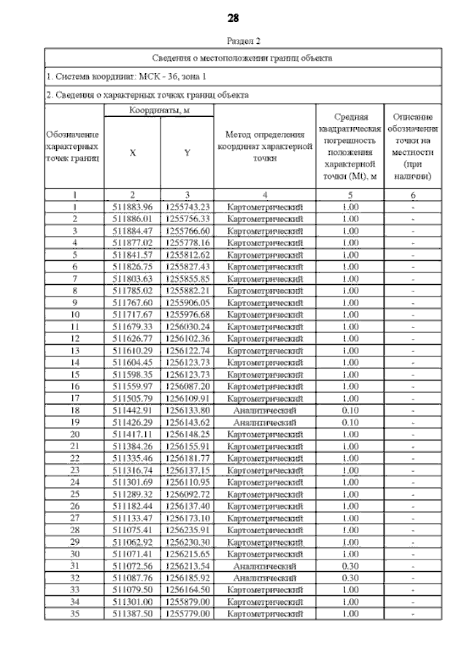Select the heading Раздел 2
coord(244,42)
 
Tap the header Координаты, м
coord(159,110)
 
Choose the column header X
coord(132,153)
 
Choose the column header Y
coord(188,153)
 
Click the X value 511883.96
coord(132,207)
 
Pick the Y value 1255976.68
coord(188,315)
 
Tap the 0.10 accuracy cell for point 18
coord(350,410)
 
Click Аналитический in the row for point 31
coord(265,566)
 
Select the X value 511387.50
coord(132,614)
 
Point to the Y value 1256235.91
coord(188,530)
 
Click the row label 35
coord(74,614)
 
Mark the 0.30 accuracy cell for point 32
coord(350,578)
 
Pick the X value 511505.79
coord(132,399)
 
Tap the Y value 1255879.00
coord(188,602)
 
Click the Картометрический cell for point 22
coord(265,458)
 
